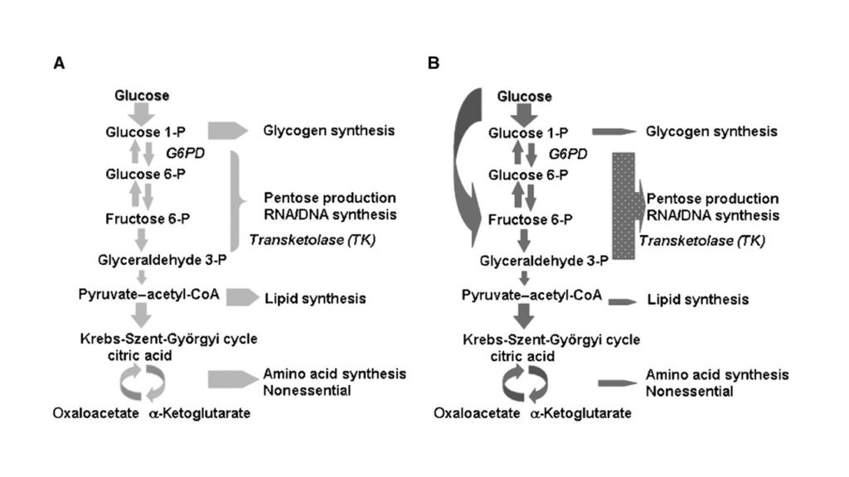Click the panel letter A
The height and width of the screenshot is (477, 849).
tap(59, 63)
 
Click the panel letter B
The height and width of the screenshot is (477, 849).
tap(433, 63)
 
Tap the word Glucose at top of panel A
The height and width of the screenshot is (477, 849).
tap(142, 95)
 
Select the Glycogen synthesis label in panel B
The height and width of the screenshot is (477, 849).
tap(711, 132)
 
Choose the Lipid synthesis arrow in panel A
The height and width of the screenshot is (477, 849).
tap(242, 296)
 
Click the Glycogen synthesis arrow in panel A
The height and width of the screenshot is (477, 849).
tap(227, 131)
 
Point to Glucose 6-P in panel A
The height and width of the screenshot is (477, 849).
tap(142, 173)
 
